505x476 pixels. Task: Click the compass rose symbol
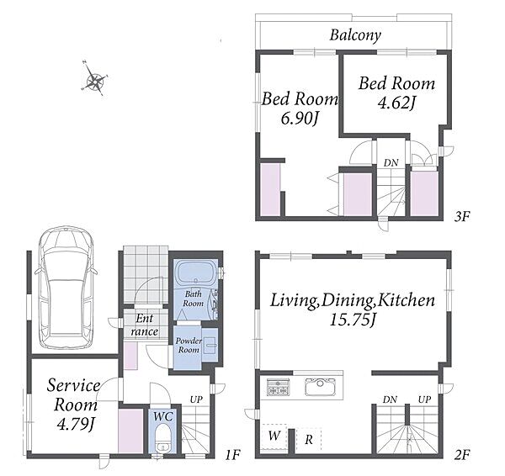pos(94,78)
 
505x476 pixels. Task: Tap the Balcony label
pos(355,34)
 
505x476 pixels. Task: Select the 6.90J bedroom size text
pos(300,119)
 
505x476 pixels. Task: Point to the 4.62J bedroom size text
pos(396,103)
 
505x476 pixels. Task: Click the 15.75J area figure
pos(353,320)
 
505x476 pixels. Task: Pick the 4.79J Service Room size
pos(76,424)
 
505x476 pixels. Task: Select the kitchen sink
pos(320,386)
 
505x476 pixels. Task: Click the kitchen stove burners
pos(279,387)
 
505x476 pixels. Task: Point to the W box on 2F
pos(274,436)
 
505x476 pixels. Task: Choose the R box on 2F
pos(309,439)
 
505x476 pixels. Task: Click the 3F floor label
pos(461,217)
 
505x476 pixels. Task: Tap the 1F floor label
pos(232,455)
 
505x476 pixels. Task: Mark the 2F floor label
pos(461,455)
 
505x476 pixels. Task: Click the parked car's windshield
pos(66,244)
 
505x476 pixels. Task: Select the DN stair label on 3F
pos(391,162)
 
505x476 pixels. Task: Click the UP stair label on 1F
pos(196,399)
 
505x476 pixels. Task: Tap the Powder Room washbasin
pos(210,346)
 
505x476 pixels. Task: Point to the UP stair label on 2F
pos(424,399)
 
